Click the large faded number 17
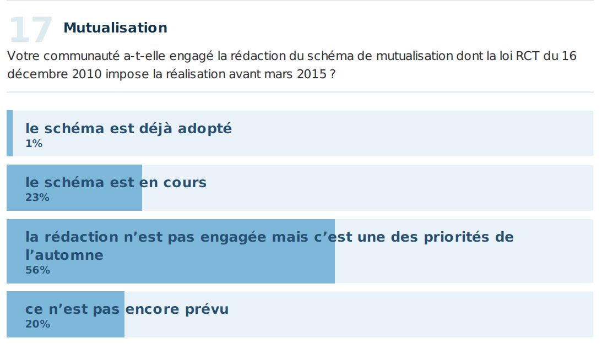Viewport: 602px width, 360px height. click(x=30, y=30)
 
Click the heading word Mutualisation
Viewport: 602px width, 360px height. click(x=115, y=28)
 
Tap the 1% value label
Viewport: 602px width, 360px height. click(x=34, y=144)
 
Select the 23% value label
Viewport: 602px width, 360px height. click(x=37, y=198)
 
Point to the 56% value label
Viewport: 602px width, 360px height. click(x=37, y=270)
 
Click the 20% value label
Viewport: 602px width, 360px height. click(x=37, y=324)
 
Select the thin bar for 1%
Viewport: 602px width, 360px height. click(x=9, y=133)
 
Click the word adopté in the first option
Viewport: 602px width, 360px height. click(x=205, y=129)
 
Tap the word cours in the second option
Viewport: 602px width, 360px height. click(x=184, y=182)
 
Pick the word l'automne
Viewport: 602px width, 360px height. click(x=64, y=255)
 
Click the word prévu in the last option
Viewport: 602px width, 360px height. click(x=206, y=309)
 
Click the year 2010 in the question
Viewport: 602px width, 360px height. click(x=86, y=74)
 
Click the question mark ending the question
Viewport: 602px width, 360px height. click(x=333, y=74)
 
